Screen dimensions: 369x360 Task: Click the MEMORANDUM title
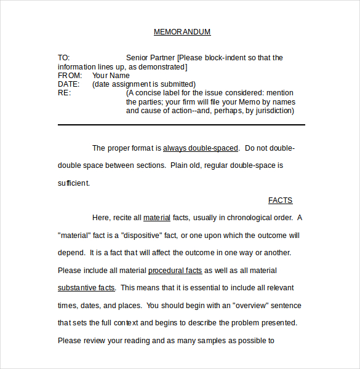click(x=182, y=32)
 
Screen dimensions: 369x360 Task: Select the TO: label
click(x=64, y=58)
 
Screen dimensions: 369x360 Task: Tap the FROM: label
click(x=70, y=76)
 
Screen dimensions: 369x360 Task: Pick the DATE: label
click(x=69, y=84)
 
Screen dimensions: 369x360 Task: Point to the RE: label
click(x=65, y=93)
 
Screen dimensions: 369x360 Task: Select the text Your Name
click(x=111, y=76)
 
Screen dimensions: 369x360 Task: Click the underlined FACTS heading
click(x=280, y=200)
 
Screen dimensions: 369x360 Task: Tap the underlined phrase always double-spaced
click(x=200, y=148)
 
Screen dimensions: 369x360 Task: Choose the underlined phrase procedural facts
click(x=175, y=271)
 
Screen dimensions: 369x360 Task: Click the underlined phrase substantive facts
click(x=86, y=288)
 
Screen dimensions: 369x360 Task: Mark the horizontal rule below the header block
click(x=182, y=125)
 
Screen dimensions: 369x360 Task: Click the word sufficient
click(x=74, y=183)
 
